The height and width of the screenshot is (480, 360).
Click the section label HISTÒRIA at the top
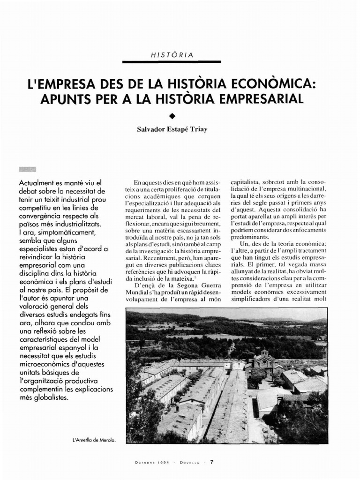pyautogui.click(x=172, y=55)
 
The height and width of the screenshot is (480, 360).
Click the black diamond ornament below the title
pyautogui.click(x=172, y=115)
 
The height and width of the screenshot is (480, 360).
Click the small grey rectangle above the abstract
pyautogui.click(x=28, y=169)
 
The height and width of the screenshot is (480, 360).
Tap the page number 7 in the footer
pyautogui.click(x=211, y=462)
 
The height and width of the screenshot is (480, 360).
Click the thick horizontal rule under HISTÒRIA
pyautogui.click(x=172, y=62)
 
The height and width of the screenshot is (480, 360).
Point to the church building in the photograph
pyautogui.click(x=264, y=360)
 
